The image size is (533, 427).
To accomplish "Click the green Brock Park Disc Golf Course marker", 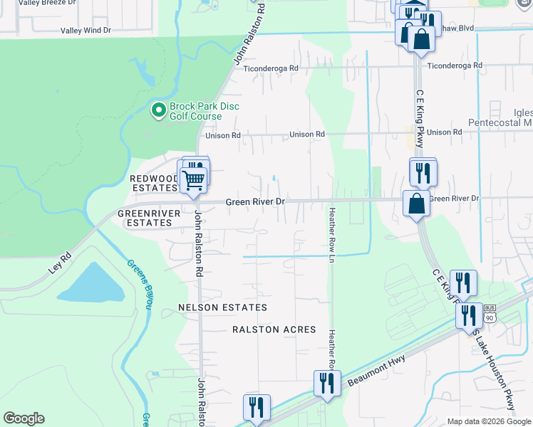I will [158, 110].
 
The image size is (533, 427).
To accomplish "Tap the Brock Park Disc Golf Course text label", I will [204, 111].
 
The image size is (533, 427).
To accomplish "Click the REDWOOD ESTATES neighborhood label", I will [153, 183].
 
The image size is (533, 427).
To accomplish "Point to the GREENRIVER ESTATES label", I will [145, 218].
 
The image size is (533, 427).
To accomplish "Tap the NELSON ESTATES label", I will [223, 307].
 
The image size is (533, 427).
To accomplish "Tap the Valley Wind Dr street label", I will [86, 31].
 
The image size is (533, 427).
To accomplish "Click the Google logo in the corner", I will [24, 418].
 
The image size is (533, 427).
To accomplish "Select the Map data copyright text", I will [489, 421].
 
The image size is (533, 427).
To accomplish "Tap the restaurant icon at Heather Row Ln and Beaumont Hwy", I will [327, 383].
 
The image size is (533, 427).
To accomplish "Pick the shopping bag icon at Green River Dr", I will [416, 204].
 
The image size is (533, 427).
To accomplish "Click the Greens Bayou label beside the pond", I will [140, 283].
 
